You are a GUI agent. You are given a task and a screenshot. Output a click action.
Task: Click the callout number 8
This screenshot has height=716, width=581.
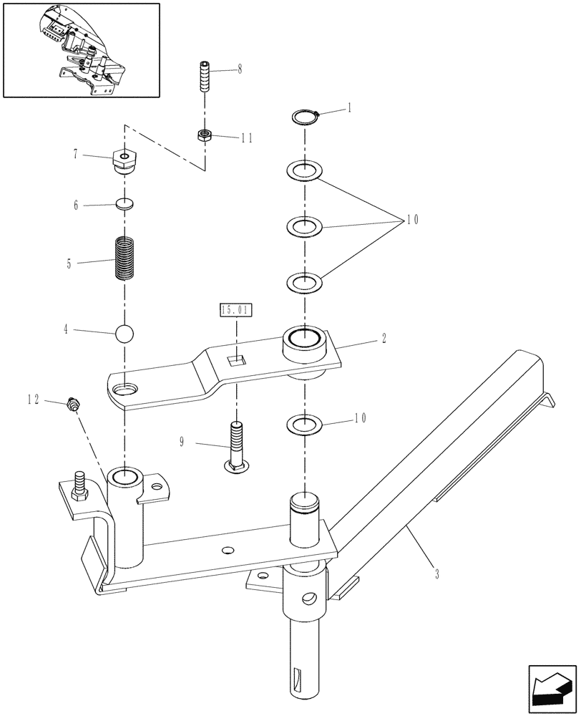pos(240,69)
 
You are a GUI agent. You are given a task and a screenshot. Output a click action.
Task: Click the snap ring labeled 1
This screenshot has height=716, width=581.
pos(306,116)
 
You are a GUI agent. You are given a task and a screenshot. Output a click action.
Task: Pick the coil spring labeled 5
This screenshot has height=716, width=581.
pos(125,259)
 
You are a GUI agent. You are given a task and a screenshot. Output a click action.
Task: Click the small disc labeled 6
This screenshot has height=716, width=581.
pos(125,204)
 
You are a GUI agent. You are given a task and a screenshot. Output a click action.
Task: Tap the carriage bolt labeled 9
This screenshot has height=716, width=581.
pos(237,446)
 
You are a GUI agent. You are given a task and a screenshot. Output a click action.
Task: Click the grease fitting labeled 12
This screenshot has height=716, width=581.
pos(72,405)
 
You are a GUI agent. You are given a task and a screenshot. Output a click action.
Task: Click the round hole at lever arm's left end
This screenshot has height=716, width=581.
pos(126,389)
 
